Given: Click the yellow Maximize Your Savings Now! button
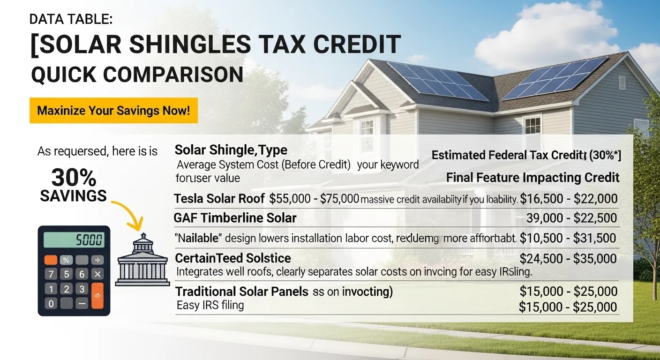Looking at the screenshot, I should coord(113,111).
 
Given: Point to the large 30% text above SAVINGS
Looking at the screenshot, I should coord(74,178).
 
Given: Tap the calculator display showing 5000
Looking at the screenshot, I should coord(74,240).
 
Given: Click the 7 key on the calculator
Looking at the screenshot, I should coord(51,274).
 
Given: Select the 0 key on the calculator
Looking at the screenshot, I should coord(51,304).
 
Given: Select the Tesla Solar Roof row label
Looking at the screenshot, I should coord(219,199).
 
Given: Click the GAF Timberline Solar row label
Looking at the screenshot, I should coord(235,218).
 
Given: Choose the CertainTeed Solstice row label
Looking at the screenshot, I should coord(233,258).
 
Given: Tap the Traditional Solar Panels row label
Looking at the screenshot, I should coord(242,292).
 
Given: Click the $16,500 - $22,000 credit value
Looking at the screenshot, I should coord(568,199).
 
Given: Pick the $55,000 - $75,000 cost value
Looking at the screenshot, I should coord(314,199).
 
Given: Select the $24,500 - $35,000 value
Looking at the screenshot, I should coord(569,258).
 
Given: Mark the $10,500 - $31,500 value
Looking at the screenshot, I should coord(568,238).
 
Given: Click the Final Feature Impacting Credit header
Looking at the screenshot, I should coord(532,178).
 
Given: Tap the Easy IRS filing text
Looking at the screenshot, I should coord(210,306).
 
